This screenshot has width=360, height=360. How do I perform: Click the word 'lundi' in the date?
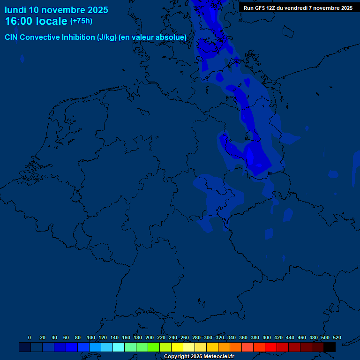pos(15,10)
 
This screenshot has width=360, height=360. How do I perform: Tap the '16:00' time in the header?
pos(20,21)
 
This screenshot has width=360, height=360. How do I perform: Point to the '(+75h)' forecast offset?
pos(81,21)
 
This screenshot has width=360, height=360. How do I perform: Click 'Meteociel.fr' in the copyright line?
pos(218,357)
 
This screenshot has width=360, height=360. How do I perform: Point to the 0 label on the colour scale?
pos(30,338)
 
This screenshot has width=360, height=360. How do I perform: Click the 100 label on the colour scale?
pos(91,338)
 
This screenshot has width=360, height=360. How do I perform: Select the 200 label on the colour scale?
pos(150,338)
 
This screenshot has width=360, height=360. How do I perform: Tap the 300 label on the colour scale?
pos(208,338)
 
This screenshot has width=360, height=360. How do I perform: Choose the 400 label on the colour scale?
pos(267,338)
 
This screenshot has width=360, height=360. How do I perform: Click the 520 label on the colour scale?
pos(337,338)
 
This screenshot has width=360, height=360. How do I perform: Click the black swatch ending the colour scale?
pos(330,347)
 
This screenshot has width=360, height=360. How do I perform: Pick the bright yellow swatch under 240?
pos(177,347)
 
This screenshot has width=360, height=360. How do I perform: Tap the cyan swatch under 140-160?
pos(118,347)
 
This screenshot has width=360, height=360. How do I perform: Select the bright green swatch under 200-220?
pos(153,347)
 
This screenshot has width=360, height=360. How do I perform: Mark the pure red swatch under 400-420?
pos(270,347)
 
